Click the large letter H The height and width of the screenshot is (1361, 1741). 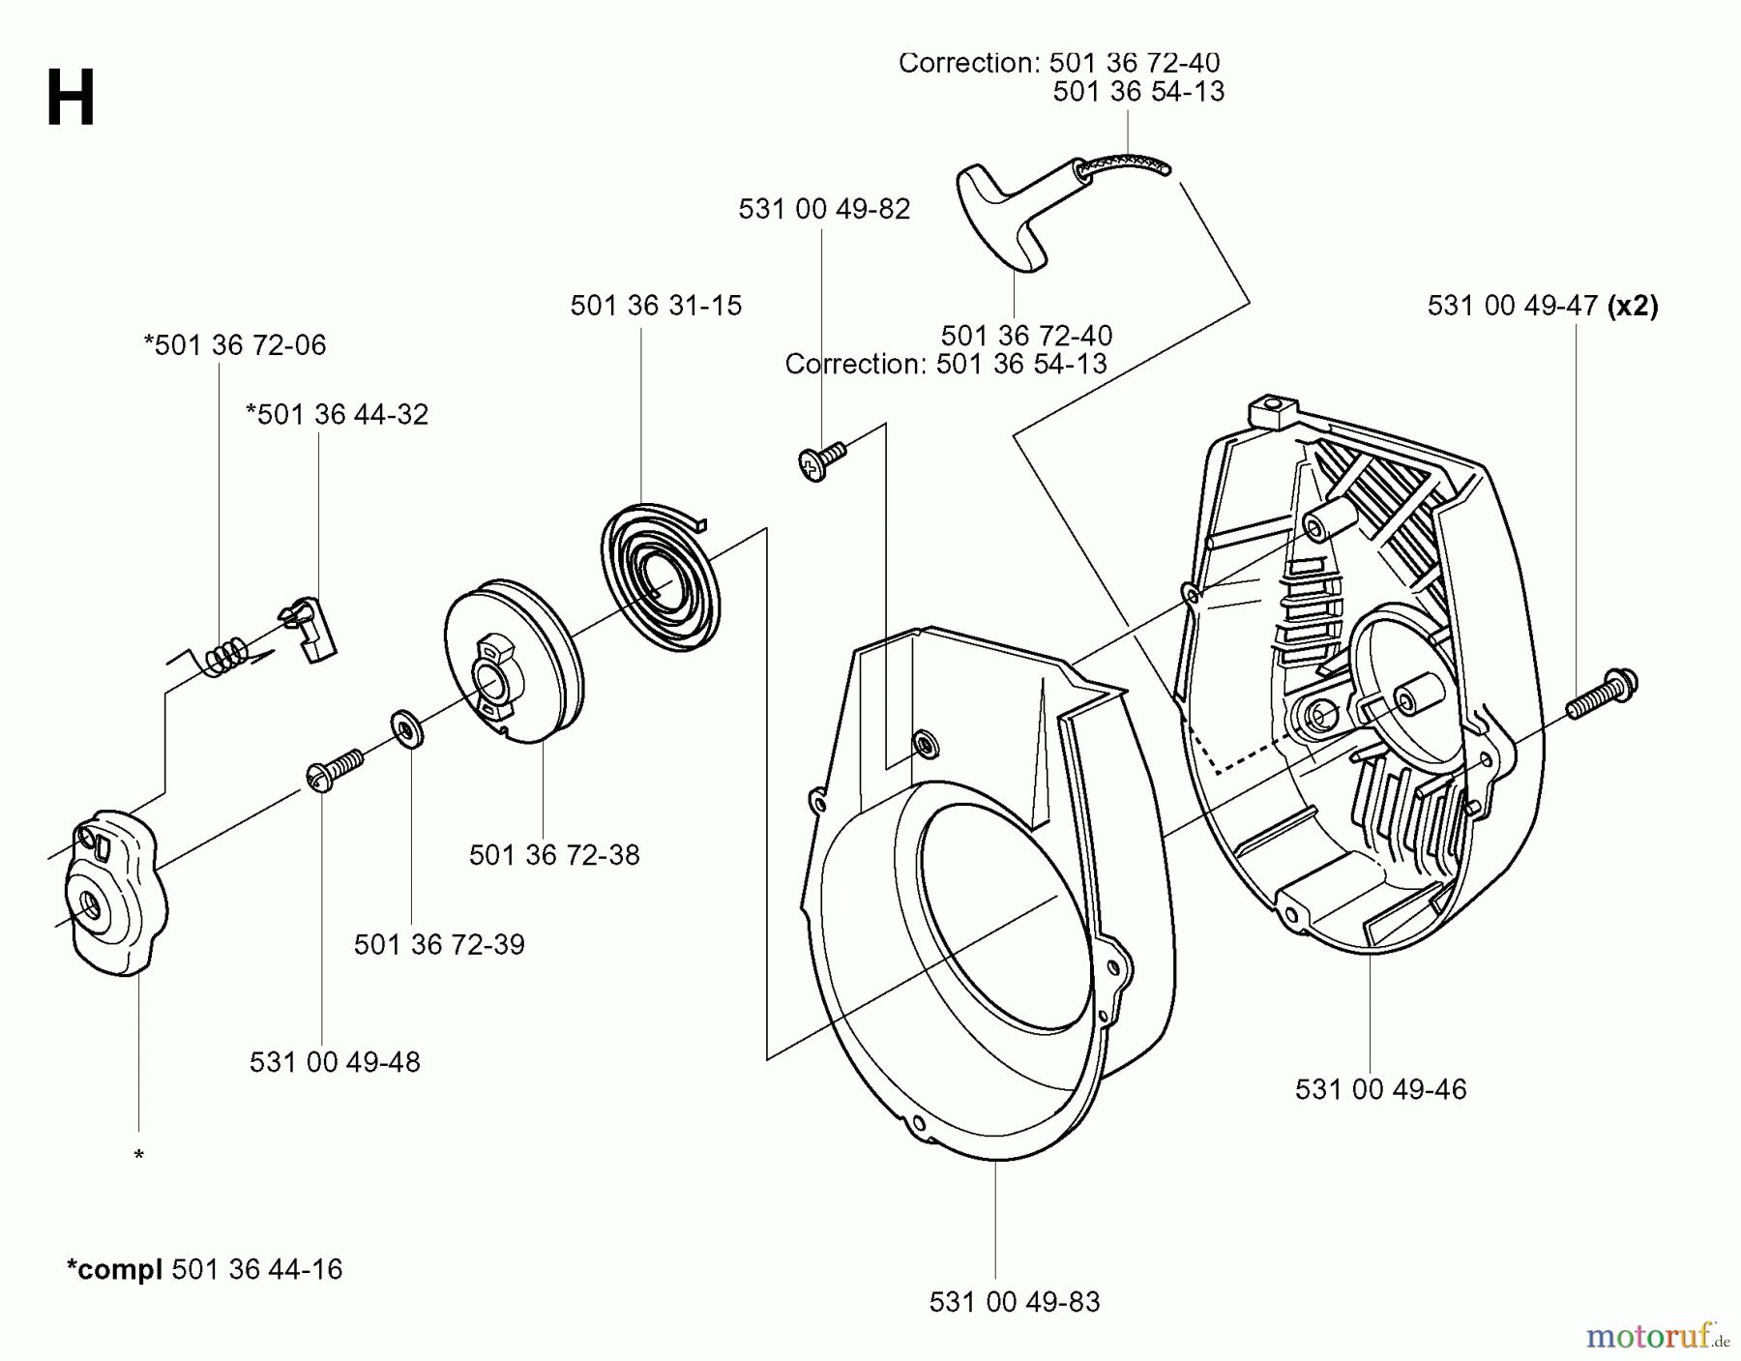[x=71, y=101]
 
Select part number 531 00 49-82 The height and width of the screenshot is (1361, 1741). [x=824, y=210]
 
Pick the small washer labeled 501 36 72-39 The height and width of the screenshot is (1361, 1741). [x=406, y=728]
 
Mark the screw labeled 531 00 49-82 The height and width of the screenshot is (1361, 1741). [x=821, y=459]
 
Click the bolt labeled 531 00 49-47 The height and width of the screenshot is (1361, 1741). [x=1601, y=694]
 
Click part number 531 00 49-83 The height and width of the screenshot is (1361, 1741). [x=1015, y=1303]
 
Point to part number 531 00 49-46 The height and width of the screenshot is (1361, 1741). [x=1380, y=1089]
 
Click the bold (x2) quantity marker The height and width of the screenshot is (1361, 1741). [x=1633, y=307]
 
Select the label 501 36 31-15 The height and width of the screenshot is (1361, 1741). [x=656, y=306]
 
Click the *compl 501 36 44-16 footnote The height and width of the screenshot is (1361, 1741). [x=204, y=1269]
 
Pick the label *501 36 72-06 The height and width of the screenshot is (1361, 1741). [x=235, y=345]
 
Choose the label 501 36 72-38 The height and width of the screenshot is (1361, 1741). [x=554, y=855]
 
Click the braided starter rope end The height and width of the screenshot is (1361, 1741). [x=1128, y=163]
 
